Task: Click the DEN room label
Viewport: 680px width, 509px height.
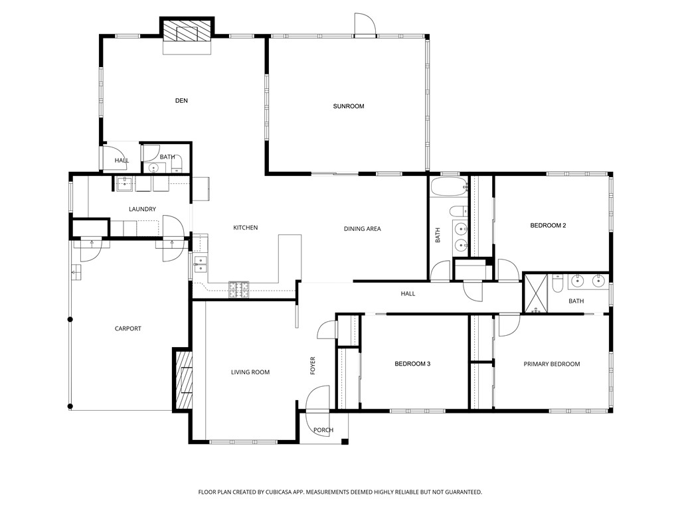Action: click(181, 101)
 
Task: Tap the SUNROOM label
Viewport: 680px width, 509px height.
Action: click(348, 106)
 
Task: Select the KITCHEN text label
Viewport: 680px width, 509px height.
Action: click(246, 228)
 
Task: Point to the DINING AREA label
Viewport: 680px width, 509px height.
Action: click(362, 229)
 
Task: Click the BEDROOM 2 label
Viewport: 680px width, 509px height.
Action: click(548, 226)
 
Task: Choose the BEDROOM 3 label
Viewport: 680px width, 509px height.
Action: click(412, 364)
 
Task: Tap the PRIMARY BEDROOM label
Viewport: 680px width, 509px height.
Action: click(552, 364)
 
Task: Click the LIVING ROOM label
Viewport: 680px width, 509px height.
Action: click(250, 372)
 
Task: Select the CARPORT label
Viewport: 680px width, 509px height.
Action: click(128, 328)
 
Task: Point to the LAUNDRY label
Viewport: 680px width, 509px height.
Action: click(142, 209)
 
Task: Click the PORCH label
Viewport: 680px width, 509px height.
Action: click(323, 430)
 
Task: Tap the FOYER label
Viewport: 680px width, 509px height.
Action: click(313, 366)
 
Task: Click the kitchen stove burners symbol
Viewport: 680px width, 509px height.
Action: click(239, 289)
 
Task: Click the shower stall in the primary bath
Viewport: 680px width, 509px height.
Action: click(536, 293)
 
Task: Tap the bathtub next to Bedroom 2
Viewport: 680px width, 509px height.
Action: click(449, 187)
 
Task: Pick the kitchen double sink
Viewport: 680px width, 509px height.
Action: click(201, 264)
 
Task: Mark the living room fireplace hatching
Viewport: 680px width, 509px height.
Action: click(183, 378)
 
